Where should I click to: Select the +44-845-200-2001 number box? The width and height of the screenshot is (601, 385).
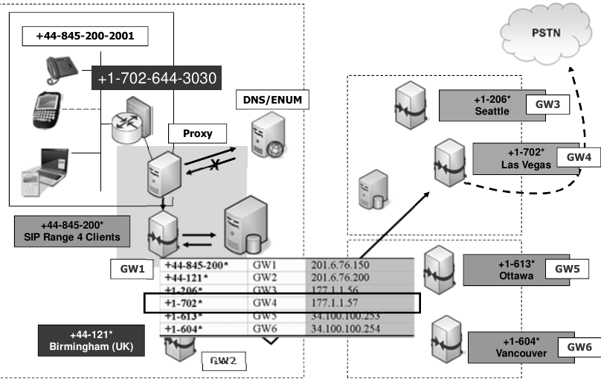(80, 36)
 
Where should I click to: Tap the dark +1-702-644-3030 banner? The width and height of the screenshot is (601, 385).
(155, 77)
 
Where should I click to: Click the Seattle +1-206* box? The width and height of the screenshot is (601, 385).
(492, 106)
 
